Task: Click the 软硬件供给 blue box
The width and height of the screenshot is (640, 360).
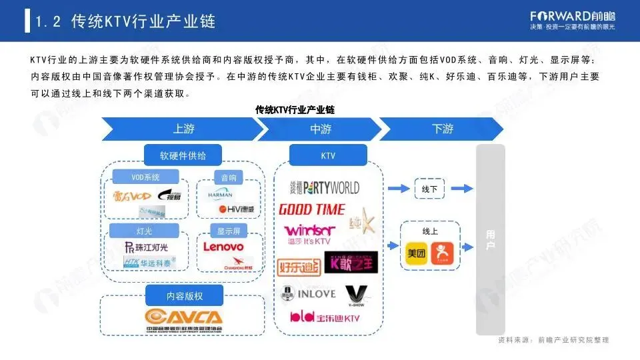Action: [183, 156]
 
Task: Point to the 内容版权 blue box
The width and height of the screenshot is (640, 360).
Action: [183, 294]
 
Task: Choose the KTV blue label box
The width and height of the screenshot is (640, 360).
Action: [328, 156]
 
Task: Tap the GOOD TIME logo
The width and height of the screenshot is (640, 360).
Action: [311, 209]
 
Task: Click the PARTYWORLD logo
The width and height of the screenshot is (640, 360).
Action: [325, 188]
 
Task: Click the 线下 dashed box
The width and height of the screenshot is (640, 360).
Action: [429, 189]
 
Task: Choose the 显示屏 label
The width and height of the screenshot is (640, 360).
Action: [228, 231]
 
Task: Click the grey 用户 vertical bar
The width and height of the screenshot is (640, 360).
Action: [490, 240]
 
